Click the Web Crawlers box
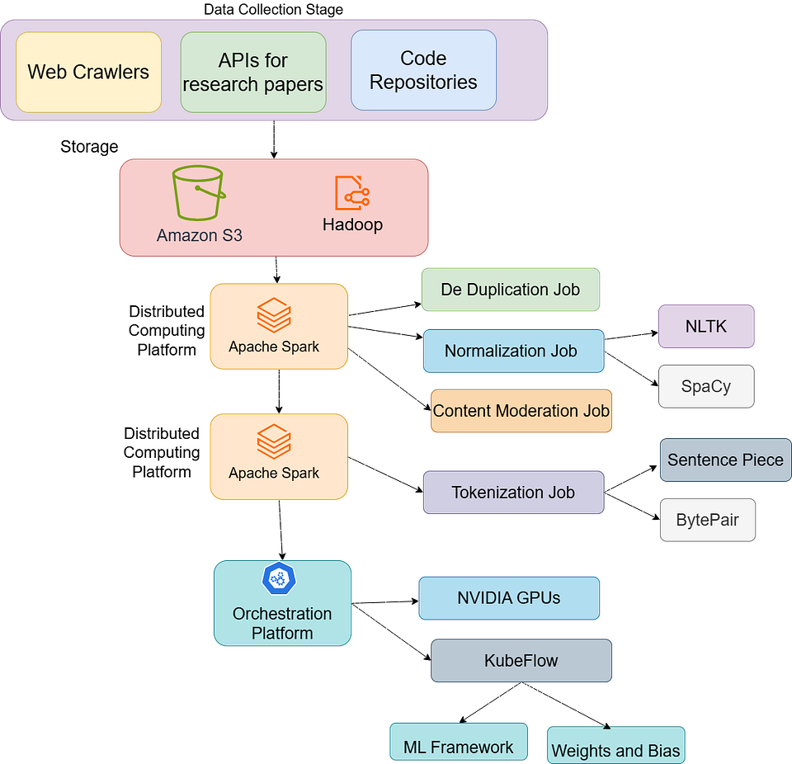click(x=88, y=72)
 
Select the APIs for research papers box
click(x=253, y=72)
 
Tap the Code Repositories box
click(x=423, y=70)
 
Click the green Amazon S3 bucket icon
click(x=198, y=193)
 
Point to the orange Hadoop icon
click(x=352, y=192)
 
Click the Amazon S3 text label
click(x=200, y=235)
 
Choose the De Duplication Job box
click(x=511, y=290)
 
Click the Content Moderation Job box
click(x=521, y=411)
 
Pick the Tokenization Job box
click(x=513, y=493)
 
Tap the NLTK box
click(x=706, y=326)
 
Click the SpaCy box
click(x=706, y=386)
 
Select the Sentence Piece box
click(x=725, y=460)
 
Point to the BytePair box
click(x=708, y=520)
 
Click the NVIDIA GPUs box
click(x=509, y=598)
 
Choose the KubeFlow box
click(x=521, y=660)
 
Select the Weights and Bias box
click(x=615, y=747)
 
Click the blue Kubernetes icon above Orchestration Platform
click(x=279, y=578)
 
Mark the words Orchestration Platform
click(x=282, y=624)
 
